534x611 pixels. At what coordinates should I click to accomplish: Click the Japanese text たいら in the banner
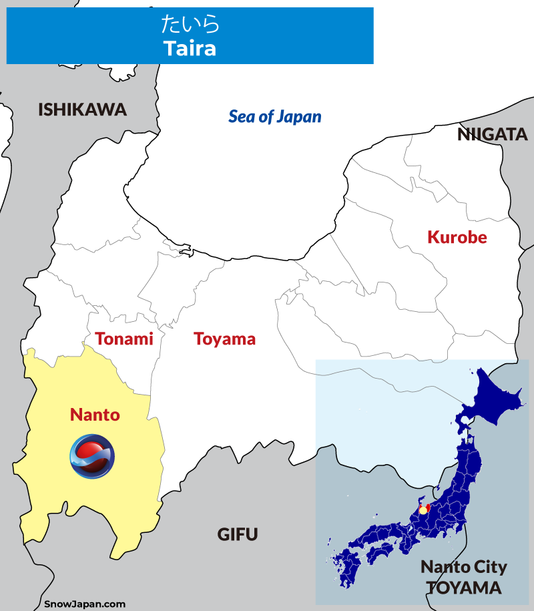coord(190,25)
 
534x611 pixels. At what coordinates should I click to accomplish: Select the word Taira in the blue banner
coord(190,48)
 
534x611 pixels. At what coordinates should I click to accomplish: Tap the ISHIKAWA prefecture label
coord(82,110)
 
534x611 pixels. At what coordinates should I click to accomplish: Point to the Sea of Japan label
coord(275,117)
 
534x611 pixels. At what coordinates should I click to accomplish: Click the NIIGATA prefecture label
coord(492,135)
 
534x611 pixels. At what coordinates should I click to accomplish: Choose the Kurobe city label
coord(457,237)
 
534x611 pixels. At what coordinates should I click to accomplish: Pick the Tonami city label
coord(124,339)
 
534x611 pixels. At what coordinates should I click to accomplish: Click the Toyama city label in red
coord(225,339)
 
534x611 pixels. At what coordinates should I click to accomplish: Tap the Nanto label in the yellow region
coord(95,415)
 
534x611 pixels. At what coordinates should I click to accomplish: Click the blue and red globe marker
coord(92,455)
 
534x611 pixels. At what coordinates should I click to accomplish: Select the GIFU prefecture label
coord(237,534)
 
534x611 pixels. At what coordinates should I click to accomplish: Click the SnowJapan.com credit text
coord(85,604)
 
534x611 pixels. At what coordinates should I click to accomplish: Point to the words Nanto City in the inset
coord(463,568)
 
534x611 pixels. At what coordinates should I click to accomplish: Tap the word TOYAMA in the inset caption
coord(463,588)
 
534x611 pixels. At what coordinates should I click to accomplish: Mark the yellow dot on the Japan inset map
coord(422,510)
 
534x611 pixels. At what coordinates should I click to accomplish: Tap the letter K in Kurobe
coord(433,237)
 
